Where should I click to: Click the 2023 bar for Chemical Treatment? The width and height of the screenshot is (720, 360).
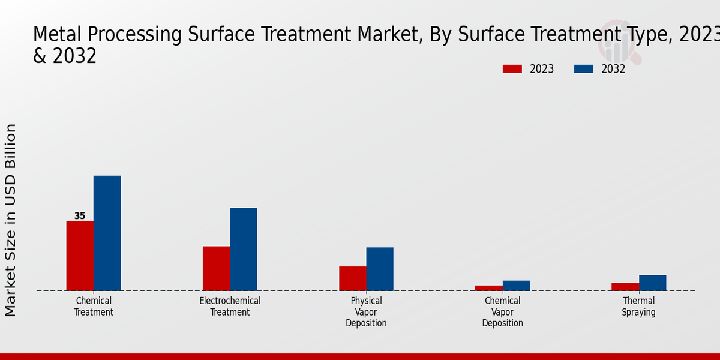point(80,256)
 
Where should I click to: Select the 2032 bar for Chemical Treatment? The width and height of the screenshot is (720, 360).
point(107,233)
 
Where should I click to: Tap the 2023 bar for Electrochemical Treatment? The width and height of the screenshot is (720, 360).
point(216,268)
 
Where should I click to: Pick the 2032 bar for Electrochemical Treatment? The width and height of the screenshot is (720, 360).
point(243,249)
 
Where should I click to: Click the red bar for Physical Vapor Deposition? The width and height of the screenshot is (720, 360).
point(352,278)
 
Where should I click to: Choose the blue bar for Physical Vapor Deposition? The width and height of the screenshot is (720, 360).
point(380,269)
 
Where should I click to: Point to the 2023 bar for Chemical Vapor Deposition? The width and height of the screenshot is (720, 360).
point(488,288)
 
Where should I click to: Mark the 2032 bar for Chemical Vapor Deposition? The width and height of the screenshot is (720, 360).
point(516,286)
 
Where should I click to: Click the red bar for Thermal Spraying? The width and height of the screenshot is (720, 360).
point(625,287)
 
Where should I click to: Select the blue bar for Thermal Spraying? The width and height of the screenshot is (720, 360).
point(652,283)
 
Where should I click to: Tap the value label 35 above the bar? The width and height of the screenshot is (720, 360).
point(80,216)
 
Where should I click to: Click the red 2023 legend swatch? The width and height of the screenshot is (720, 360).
point(512,69)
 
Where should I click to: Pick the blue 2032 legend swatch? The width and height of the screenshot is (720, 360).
point(583,69)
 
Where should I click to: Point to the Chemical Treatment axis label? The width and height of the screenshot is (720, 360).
point(94,307)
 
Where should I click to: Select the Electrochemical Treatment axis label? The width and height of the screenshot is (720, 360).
point(230,307)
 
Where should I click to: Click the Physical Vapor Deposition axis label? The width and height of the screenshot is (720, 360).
point(366,312)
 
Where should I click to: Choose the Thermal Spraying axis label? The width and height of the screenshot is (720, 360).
point(638,307)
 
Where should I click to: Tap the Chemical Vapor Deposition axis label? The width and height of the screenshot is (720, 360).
point(502,312)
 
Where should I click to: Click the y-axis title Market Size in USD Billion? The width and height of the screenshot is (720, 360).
point(11,220)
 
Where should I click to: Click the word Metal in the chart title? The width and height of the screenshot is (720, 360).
point(57,35)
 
